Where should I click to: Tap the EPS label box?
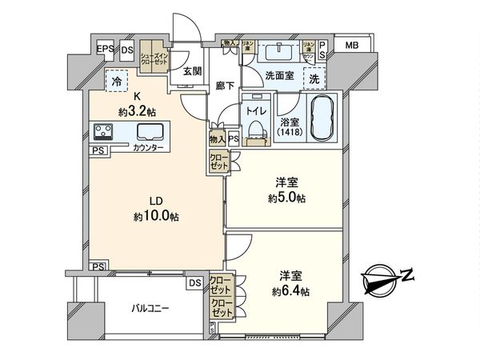click(x=105, y=50)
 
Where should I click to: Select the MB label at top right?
click(x=352, y=46)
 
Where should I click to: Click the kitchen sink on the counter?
click(x=150, y=132)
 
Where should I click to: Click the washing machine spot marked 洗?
click(x=314, y=79)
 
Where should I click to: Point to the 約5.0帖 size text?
click(x=289, y=198)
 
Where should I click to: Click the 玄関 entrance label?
click(x=192, y=71)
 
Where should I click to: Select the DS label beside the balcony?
click(x=195, y=282)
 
